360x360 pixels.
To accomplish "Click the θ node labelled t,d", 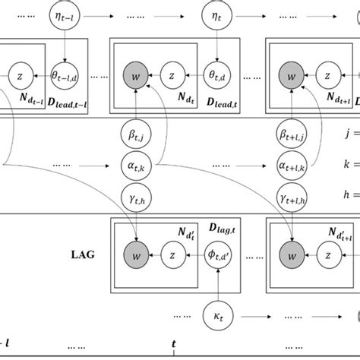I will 218,77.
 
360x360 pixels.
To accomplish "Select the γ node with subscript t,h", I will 134,194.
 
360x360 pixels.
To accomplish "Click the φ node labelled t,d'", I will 218,255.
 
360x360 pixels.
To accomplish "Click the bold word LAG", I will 83,255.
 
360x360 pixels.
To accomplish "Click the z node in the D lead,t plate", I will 174,77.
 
